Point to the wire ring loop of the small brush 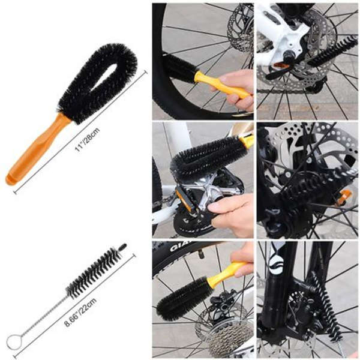click(13, 342)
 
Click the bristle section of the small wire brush click(93, 273)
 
